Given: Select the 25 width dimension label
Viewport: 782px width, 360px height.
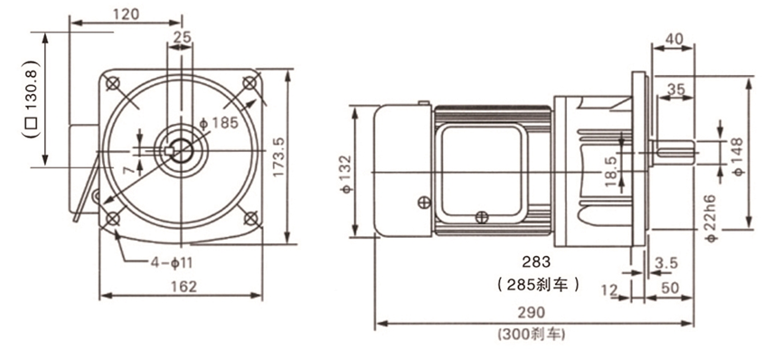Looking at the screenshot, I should [x=181, y=38].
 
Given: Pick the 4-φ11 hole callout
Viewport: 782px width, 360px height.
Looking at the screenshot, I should [x=170, y=263].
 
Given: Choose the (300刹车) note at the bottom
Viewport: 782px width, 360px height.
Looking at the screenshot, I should [x=532, y=335].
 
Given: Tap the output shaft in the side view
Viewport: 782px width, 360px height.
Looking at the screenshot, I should [x=674, y=153].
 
